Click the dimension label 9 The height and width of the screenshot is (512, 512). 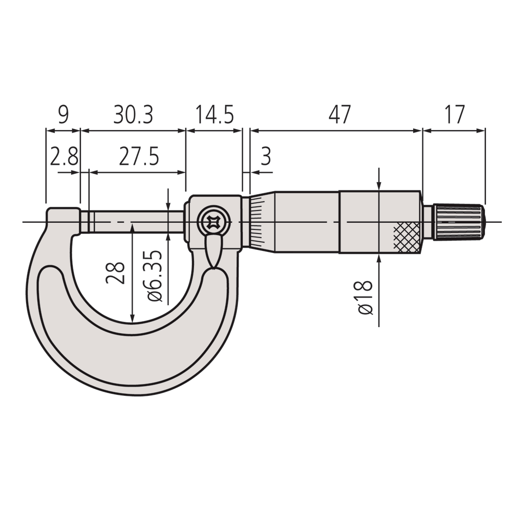tap(62, 115)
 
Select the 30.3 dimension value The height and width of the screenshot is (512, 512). tap(133, 115)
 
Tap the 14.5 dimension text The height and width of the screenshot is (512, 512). tap(214, 115)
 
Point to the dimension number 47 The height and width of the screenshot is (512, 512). tap(339, 115)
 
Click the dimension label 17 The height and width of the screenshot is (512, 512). tap(454, 115)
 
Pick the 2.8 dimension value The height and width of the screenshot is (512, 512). tap(63, 157)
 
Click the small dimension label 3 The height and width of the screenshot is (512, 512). tap(266, 157)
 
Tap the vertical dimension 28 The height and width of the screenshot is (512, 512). tap(116, 273)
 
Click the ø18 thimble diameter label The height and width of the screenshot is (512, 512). tap(365, 297)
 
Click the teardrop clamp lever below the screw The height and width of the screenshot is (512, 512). tap(214, 251)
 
